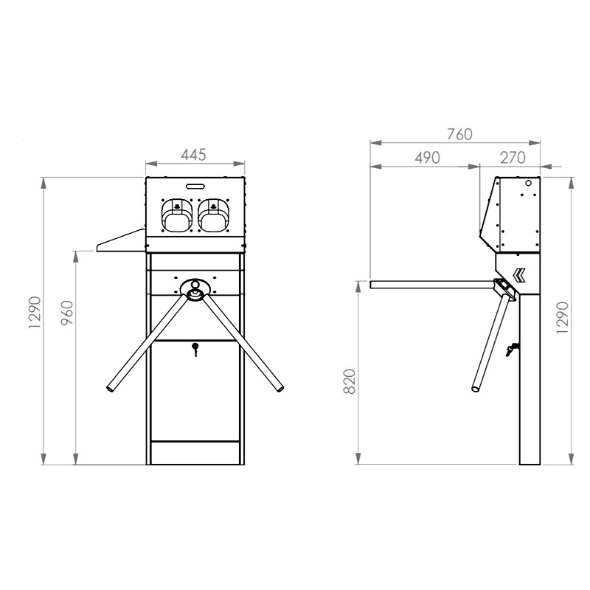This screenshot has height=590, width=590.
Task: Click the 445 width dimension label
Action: click(194, 155)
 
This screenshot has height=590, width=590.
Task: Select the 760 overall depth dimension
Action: click(459, 134)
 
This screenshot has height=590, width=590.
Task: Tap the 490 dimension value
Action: click(428, 158)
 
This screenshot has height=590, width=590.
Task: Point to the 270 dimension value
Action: click(513, 158)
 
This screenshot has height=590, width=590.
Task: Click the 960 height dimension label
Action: click(67, 313)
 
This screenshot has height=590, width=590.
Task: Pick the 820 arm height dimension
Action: click(350, 381)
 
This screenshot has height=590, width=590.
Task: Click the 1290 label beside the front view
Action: click(35, 313)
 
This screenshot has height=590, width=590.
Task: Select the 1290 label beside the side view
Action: click(562, 318)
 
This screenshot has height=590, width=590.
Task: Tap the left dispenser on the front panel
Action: click(177, 215)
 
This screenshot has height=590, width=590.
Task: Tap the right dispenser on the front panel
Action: click(213, 215)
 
